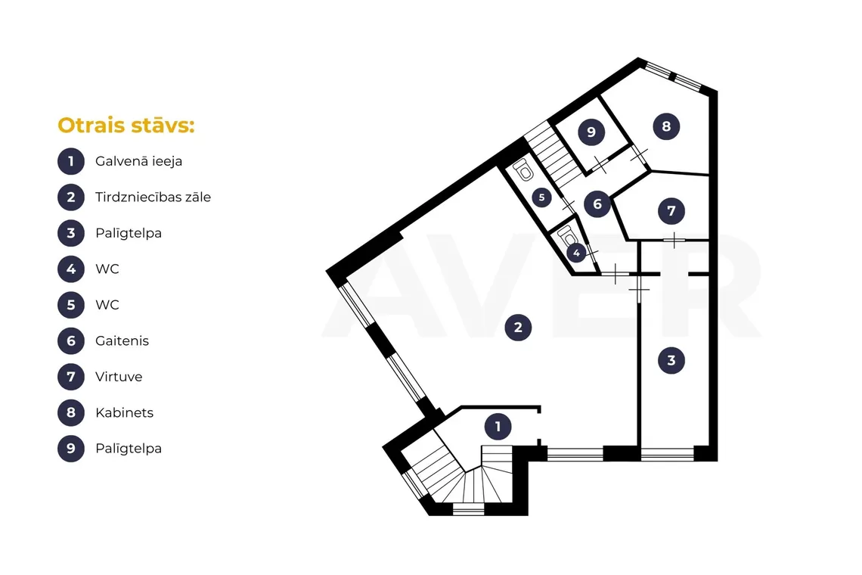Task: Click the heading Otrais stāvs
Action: tap(126, 126)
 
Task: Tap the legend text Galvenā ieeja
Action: tap(138, 161)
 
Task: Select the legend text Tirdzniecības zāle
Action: tap(153, 197)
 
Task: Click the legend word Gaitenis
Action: tap(122, 340)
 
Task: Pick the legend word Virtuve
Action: tap(119, 377)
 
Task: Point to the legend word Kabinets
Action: tap(124, 412)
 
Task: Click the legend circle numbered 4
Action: tap(71, 269)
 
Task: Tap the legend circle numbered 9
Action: tap(71, 449)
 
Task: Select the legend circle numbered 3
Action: tap(71, 233)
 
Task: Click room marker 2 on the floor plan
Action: tap(518, 328)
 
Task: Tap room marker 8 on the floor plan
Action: tap(666, 126)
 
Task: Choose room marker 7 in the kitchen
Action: tap(671, 211)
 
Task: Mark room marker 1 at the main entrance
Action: tap(498, 427)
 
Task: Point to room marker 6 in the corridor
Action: tap(597, 205)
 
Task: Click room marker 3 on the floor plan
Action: tap(671, 360)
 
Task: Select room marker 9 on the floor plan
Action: tap(591, 132)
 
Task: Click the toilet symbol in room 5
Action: tap(524, 169)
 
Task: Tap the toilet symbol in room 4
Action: tap(567, 237)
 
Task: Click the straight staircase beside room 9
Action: tap(553, 154)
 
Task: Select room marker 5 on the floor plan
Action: tap(541, 197)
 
